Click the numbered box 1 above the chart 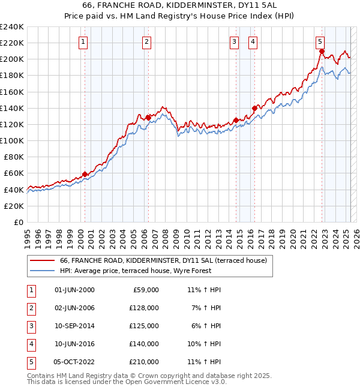tap(82, 41)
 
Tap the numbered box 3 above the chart tap(234, 41)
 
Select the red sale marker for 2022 tap(322, 52)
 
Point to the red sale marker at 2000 tap(85, 174)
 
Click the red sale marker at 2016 tap(254, 109)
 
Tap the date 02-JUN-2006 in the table tap(74, 308)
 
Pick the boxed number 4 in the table tap(29, 344)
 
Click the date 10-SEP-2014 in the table tap(74, 326)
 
